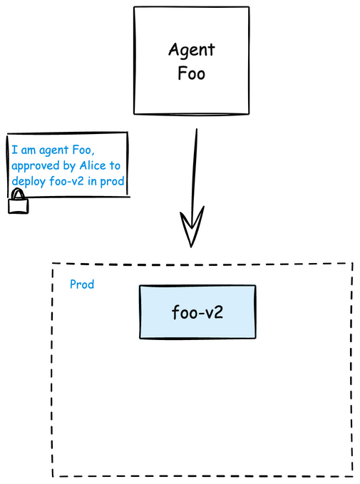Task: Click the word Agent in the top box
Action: click(192, 50)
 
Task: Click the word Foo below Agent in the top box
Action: click(192, 73)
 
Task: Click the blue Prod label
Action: click(82, 284)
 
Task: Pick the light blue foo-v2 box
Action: click(197, 311)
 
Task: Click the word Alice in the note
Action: click(93, 166)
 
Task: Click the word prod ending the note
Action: click(113, 182)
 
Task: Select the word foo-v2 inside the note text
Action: click(66, 181)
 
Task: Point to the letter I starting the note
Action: click(14, 150)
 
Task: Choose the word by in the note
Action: click(69, 166)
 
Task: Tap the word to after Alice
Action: click(115, 166)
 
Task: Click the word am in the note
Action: click(28, 150)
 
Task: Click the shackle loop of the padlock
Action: click(19, 194)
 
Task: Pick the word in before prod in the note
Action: click(92, 181)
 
